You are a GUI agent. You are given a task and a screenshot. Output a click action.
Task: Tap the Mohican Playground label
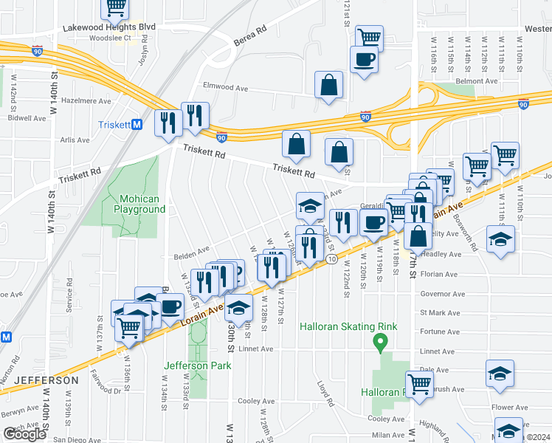pos(139,204)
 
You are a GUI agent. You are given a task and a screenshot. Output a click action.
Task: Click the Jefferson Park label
pos(197,365)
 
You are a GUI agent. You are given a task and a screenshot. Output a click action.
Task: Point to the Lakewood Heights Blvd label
pos(109,27)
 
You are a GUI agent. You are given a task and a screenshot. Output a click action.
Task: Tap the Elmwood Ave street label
pos(225,87)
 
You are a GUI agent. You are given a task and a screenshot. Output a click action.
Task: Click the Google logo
pos(25,434)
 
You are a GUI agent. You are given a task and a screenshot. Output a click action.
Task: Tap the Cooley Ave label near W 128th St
pos(256,401)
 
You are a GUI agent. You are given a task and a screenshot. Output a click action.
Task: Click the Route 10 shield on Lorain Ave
pos(333,259)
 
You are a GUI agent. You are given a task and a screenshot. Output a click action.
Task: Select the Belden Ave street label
pos(192,251)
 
